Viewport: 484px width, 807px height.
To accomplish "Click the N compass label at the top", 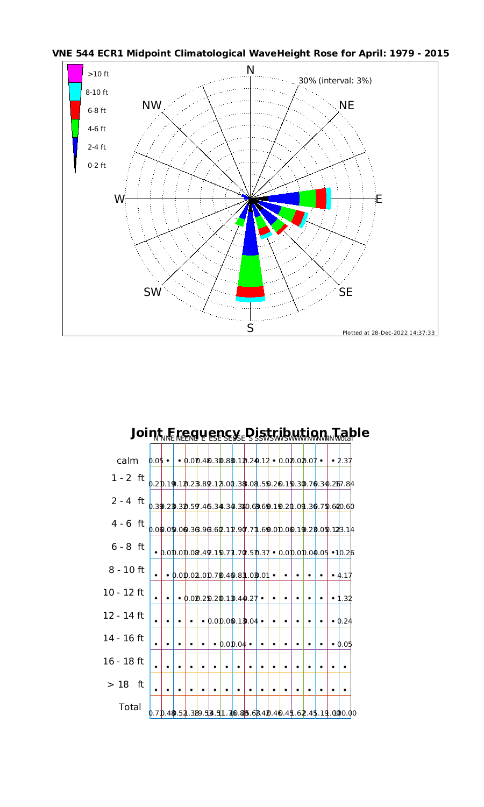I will pyautogui.click(x=250, y=70).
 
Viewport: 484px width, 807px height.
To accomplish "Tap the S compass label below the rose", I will pyautogui.click(x=250, y=328).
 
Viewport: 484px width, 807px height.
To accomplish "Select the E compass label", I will pyautogui.click(x=379, y=199).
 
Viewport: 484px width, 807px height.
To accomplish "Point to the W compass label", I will pyautogui.click(x=119, y=199).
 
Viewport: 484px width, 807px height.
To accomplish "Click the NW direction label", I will pyautogui.click(x=152, y=106).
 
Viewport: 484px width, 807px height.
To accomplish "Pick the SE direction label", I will pyautogui.click(x=346, y=292).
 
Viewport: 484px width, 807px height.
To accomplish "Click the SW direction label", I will pyautogui.click(x=152, y=292).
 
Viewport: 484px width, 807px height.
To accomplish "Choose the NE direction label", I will pyautogui.click(x=347, y=106).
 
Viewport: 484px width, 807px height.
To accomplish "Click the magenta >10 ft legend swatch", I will pyautogui.click(x=75, y=73).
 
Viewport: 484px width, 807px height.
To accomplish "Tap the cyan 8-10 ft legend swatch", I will pyautogui.click(x=75, y=91).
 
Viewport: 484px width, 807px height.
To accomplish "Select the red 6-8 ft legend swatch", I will pyautogui.click(x=75, y=110).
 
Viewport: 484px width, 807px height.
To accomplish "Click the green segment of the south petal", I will pyautogui.click(x=250, y=271).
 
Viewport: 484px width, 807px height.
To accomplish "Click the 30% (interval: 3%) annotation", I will pyautogui.click(x=335, y=81).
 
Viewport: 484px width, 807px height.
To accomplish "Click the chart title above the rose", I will pyautogui.click(x=250, y=54).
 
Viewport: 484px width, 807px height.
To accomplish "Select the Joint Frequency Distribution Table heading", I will pyautogui.click(x=250, y=433).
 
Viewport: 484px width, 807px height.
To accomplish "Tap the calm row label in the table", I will pyautogui.click(x=128, y=461).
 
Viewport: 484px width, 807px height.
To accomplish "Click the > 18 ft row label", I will pyautogui.click(x=126, y=684).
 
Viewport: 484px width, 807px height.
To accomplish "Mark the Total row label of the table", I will pyautogui.click(x=130, y=707).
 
